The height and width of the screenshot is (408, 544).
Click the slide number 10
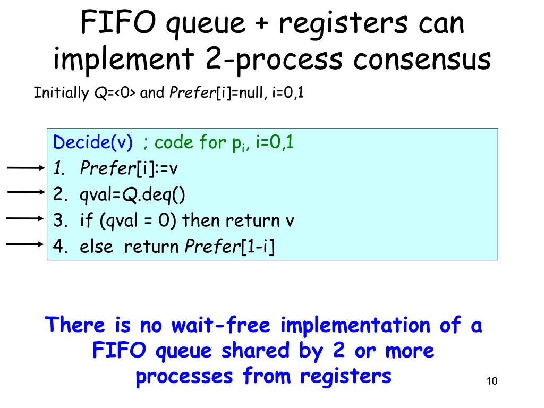click(x=491, y=381)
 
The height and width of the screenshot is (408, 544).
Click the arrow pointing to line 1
click(x=25, y=168)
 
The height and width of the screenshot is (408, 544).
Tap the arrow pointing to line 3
click(x=25, y=218)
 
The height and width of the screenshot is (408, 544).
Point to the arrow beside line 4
click(x=25, y=244)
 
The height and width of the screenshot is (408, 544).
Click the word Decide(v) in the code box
click(x=93, y=142)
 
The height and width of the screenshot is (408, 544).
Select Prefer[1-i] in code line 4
click(x=229, y=246)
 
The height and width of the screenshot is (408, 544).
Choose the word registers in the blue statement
click(x=345, y=376)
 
